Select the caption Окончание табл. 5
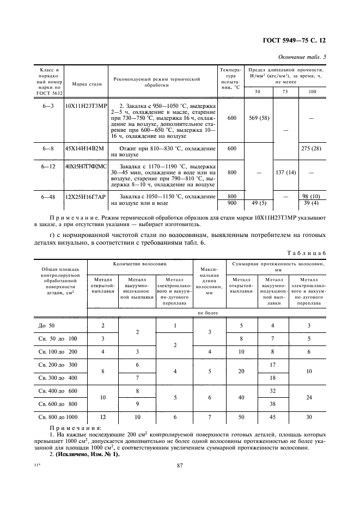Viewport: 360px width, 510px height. click(302, 57)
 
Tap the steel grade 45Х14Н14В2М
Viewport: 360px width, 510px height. click(84, 149)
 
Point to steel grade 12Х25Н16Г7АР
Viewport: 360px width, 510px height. click(85, 196)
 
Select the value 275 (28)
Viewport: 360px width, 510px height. click(312, 149)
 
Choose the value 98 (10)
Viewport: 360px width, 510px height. click(312, 196)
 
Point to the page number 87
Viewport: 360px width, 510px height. click(179, 465)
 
